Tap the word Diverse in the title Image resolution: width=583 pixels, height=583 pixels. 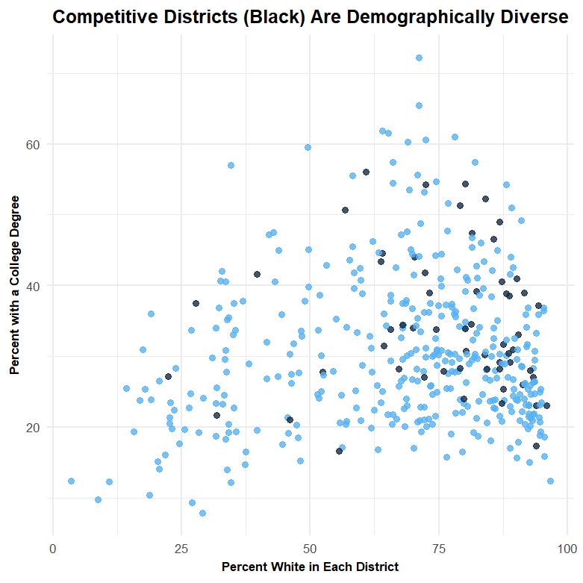532,17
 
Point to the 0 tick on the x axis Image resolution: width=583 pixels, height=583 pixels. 53,549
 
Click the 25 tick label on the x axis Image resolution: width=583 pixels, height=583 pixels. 181,549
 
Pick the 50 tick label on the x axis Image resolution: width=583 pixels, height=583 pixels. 310,549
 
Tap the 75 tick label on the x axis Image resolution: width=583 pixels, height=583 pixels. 438,549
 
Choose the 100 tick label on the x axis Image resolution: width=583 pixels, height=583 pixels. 567,549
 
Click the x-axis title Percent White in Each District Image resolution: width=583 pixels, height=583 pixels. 310,567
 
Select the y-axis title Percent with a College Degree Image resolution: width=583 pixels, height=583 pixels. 14,285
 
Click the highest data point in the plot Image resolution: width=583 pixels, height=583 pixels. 419,57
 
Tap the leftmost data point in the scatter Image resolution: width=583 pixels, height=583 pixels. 71,481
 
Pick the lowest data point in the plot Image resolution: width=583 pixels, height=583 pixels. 202,513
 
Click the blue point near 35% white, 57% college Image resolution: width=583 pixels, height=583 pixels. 231,165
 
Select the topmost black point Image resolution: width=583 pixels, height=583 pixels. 366,172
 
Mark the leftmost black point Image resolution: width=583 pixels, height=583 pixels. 168,376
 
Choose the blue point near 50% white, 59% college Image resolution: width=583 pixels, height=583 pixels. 308,147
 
